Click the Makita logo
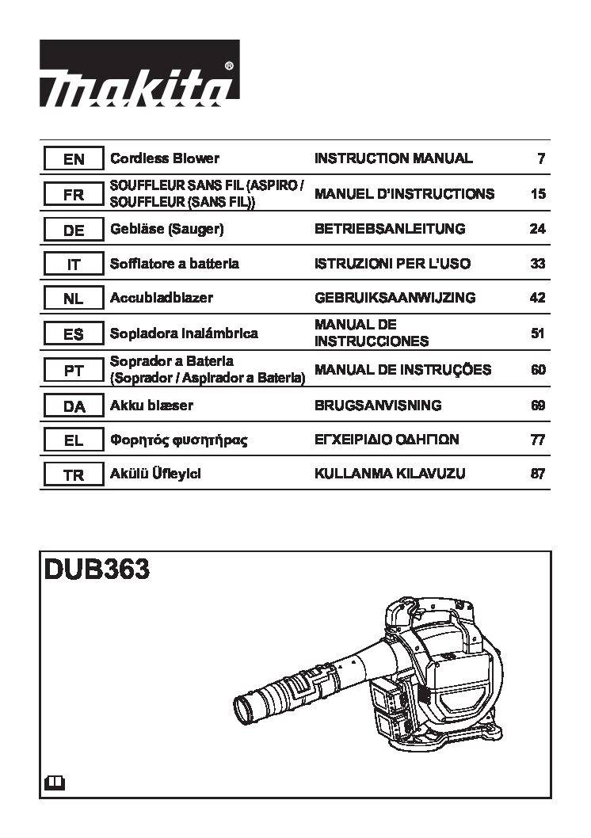[139, 73]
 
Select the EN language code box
[73, 158]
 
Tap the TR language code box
[73, 474]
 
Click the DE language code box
[73, 230]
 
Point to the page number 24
[538, 229]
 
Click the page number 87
[538, 474]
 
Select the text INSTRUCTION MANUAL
[393, 158]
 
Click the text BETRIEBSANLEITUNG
[390, 229]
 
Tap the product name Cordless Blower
[165, 158]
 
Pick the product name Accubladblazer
[162, 298]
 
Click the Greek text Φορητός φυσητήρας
[178, 440]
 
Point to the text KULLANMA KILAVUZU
[390, 474]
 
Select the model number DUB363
[97, 569]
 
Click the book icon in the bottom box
[54, 783]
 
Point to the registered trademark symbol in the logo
[229, 66]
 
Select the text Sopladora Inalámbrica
[184, 333]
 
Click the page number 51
[538, 333]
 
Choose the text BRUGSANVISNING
[378, 405]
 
